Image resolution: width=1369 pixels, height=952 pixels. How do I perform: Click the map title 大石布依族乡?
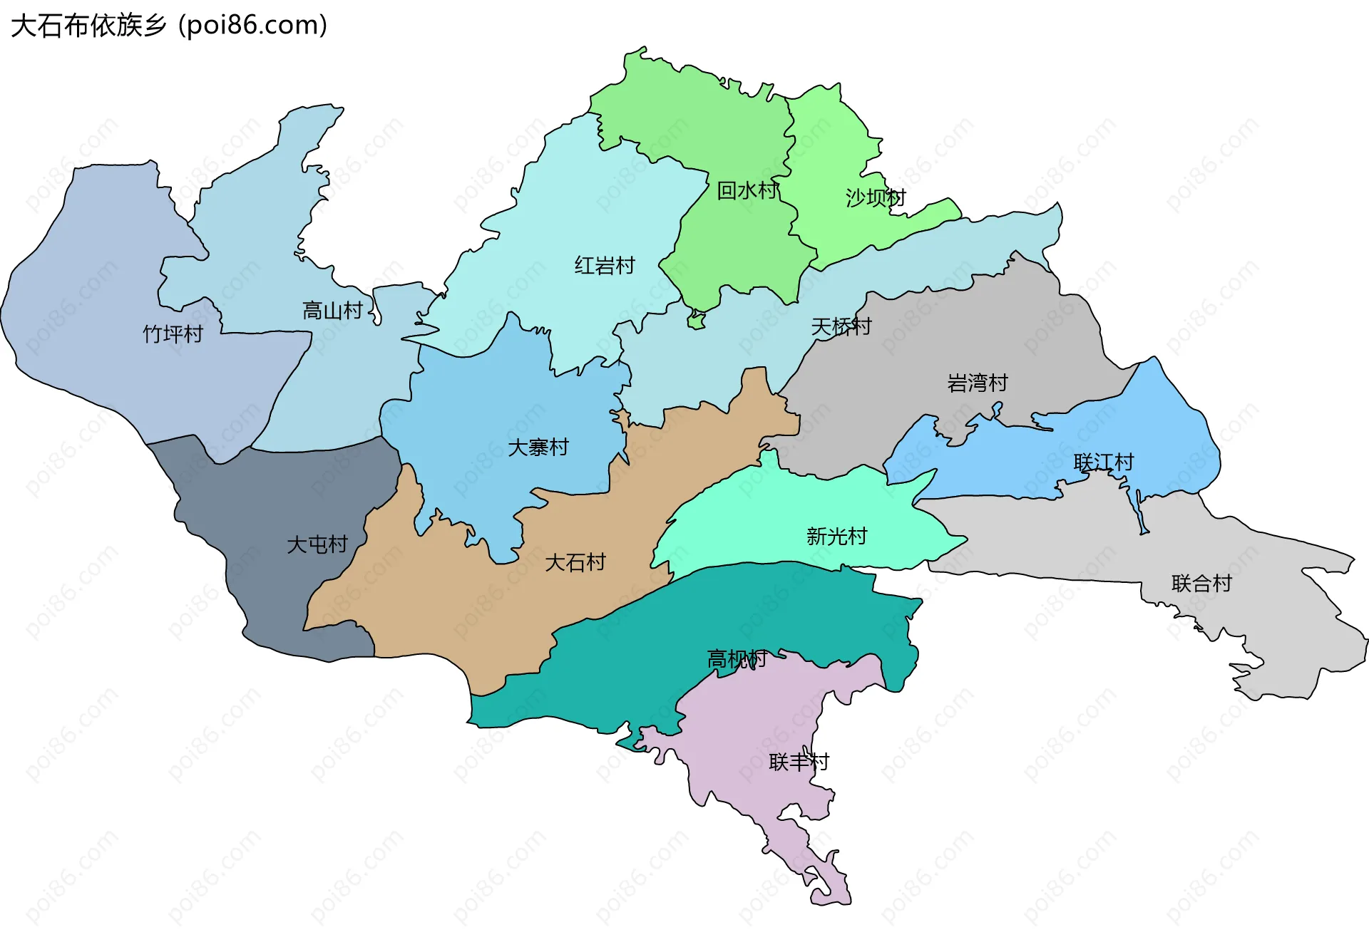88,26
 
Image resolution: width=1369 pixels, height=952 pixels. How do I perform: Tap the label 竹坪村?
173,333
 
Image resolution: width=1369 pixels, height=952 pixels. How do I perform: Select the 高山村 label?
332,311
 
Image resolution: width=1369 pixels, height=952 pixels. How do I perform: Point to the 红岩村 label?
605,266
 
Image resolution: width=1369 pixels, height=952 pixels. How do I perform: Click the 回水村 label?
747,190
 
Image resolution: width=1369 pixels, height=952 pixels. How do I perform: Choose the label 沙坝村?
876,197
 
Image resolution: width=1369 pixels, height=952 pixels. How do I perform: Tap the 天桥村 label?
841,326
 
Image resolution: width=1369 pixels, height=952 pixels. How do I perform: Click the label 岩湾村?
978,383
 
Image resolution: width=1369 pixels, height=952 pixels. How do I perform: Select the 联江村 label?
1104,462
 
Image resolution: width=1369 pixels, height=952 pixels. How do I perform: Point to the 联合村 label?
1202,584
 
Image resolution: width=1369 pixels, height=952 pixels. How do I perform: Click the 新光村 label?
837,536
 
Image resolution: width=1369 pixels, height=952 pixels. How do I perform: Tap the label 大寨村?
538,447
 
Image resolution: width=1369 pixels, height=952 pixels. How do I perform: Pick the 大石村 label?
575,563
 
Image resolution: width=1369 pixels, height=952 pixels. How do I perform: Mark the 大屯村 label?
317,544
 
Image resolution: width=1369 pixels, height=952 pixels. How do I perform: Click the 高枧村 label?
737,659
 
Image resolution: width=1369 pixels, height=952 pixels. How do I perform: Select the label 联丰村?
799,762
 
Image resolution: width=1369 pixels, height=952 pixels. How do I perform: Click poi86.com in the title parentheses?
252,26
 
